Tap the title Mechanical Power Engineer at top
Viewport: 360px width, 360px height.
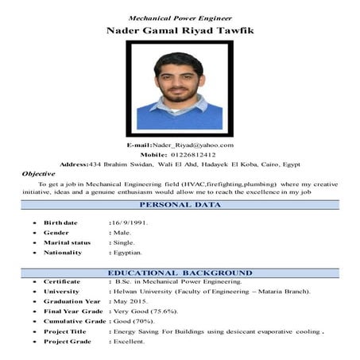(180, 17)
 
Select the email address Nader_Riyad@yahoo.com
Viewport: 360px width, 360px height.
(195, 145)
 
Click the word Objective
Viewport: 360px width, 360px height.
(38, 173)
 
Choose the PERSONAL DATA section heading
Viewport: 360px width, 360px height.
(180, 205)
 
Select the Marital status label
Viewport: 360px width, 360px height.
(67, 242)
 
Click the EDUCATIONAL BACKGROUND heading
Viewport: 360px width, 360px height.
(180, 273)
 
